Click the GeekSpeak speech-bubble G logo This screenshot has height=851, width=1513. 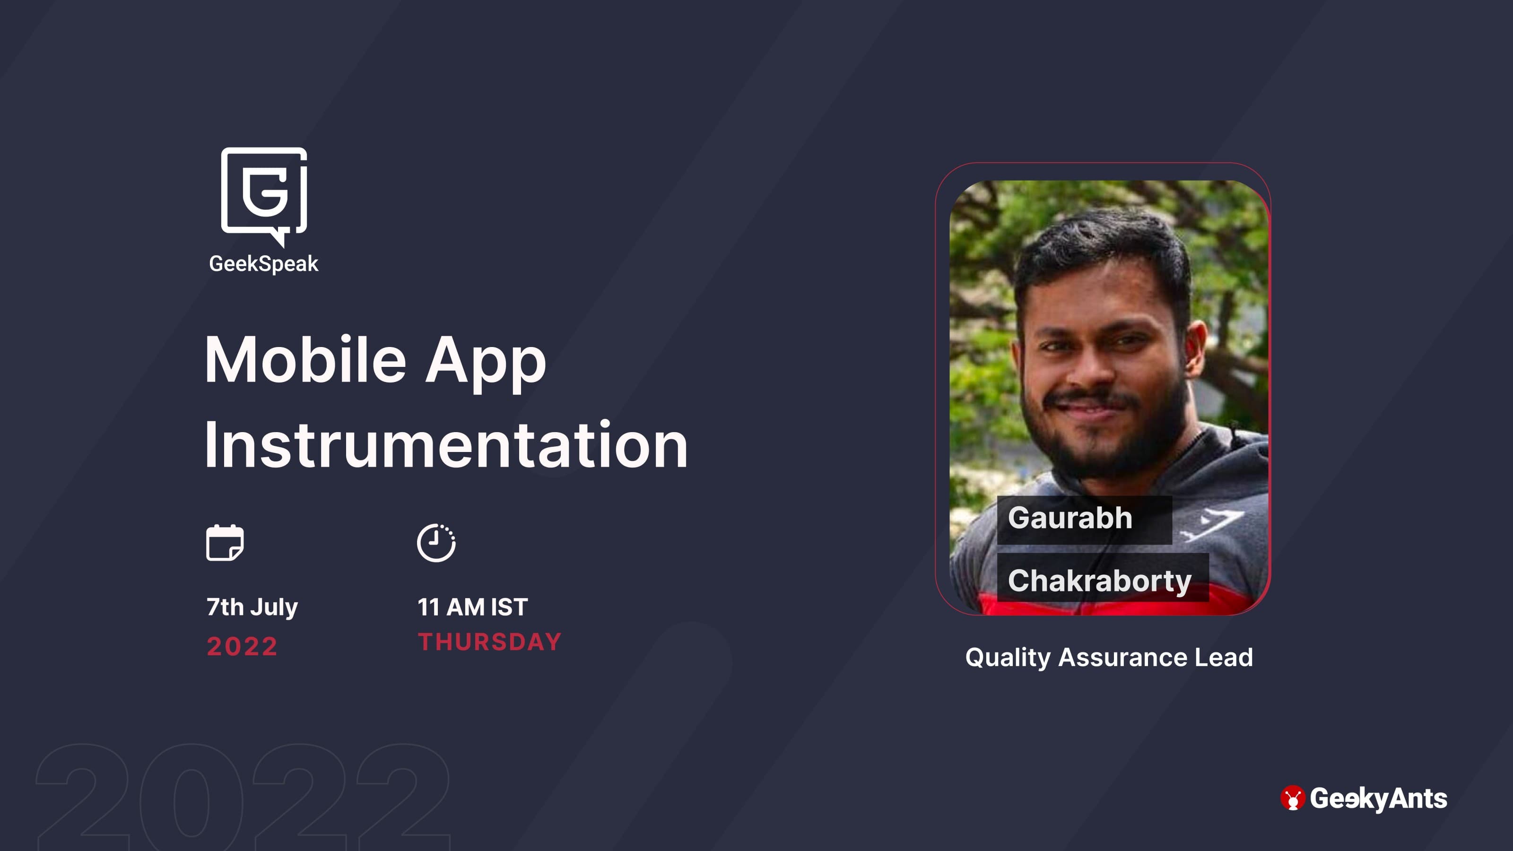click(x=264, y=196)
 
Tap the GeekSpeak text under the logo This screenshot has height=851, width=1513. click(x=264, y=264)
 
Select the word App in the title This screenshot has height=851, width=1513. click(x=486, y=364)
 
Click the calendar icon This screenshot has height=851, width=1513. click(x=225, y=543)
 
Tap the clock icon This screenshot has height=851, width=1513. click(x=436, y=543)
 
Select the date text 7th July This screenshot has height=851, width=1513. click(x=252, y=607)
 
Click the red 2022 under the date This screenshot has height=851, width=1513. click(x=242, y=647)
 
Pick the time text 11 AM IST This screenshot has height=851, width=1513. click(x=473, y=607)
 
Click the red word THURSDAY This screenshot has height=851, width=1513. click(x=490, y=642)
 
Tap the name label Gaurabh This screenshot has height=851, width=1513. click(x=1070, y=518)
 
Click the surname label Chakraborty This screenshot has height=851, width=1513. click(x=1099, y=581)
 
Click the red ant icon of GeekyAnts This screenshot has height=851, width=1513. click(x=1293, y=798)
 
